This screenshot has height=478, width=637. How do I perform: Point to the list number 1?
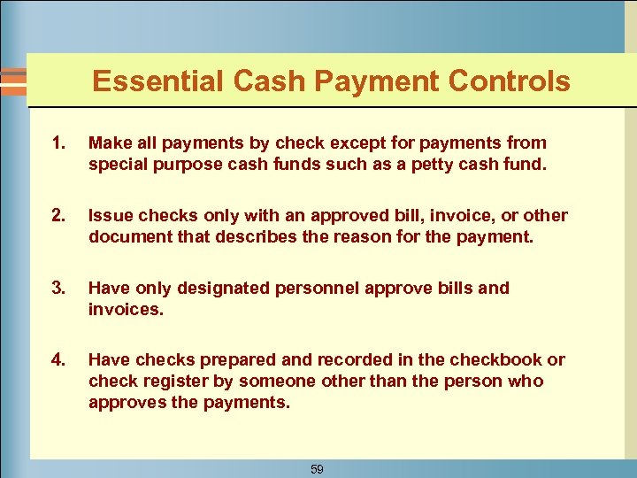pyautogui.click(x=58, y=143)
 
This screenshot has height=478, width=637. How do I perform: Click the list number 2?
pyautogui.click(x=58, y=215)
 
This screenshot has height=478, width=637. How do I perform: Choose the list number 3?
pyautogui.click(x=58, y=288)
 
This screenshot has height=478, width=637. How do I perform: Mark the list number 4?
pyautogui.click(x=58, y=359)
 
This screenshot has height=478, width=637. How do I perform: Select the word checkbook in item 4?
pyautogui.click(x=495, y=359)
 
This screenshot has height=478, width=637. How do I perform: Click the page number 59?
pyautogui.click(x=317, y=469)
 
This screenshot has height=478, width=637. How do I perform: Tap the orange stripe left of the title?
pyautogui.click(x=12, y=81)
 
